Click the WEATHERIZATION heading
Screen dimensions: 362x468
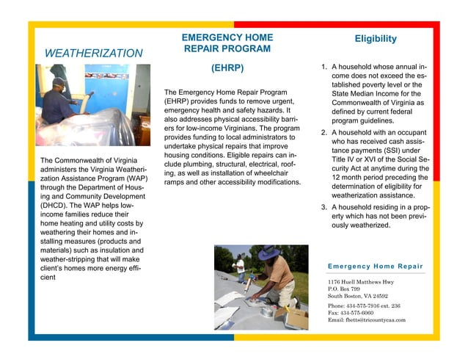tap(93, 54)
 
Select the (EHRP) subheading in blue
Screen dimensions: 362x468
tap(227, 69)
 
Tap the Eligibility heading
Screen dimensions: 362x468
tap(375, 38)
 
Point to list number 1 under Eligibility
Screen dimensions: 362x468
tap(324, 68)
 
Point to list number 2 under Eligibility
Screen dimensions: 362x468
tap(324, 133)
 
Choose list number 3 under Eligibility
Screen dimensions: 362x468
tap(324, 208)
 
